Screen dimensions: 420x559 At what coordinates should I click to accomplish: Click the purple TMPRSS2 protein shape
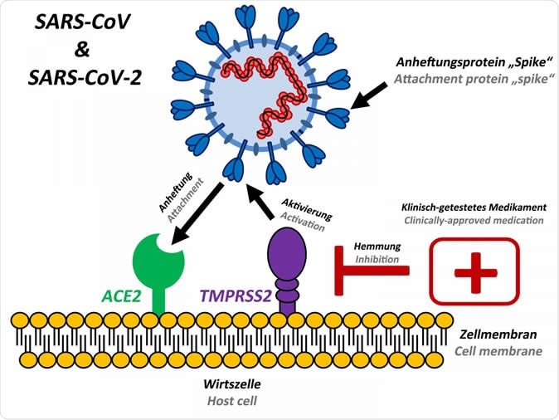coord(286,261)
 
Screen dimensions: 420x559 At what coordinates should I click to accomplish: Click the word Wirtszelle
coord(231,385)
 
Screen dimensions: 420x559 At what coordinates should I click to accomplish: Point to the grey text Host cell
coord(231,401)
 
